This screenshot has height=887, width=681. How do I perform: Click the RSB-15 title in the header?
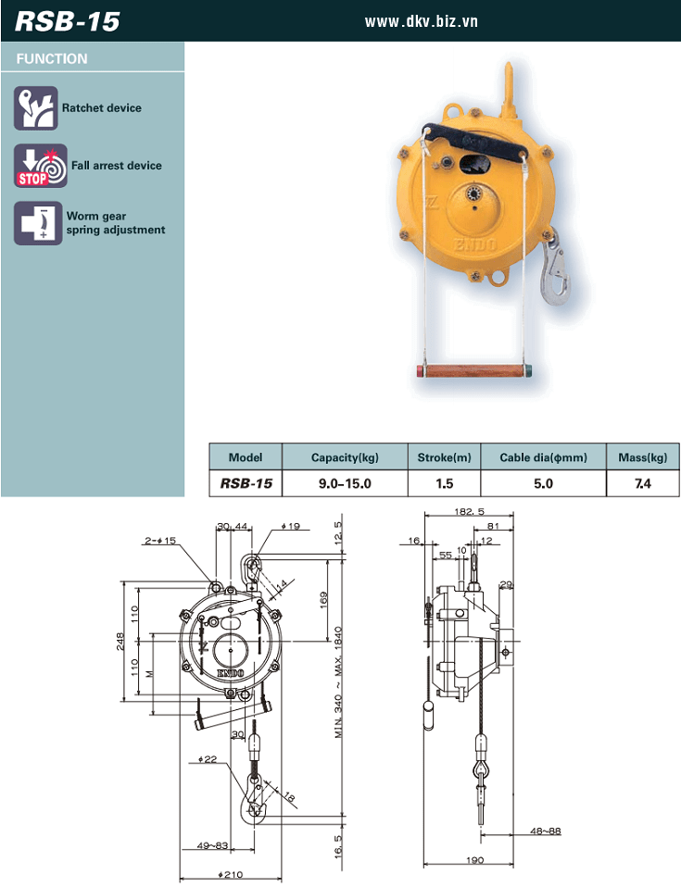pyautogui.click(x=68, y=21)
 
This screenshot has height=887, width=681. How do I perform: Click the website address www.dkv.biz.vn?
pyautogui.click(x=422, y=21)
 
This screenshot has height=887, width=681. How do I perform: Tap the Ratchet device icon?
pyautogui.click(x=35, y=108)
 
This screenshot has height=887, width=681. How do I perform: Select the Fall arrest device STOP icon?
pyautogui.click(x=40, y=166)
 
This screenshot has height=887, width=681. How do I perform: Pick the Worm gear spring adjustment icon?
pyautogui.click(x=38, y=223)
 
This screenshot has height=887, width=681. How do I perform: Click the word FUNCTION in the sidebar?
pyautogui.click(x=52, y=59)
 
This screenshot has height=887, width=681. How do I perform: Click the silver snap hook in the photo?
pyautogui.click(x=557, y=269)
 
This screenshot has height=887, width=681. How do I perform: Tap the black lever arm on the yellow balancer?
pyautogui.click(x=476, y=142)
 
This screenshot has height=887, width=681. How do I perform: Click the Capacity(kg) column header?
pyautogui.click(x=345, y=457)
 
